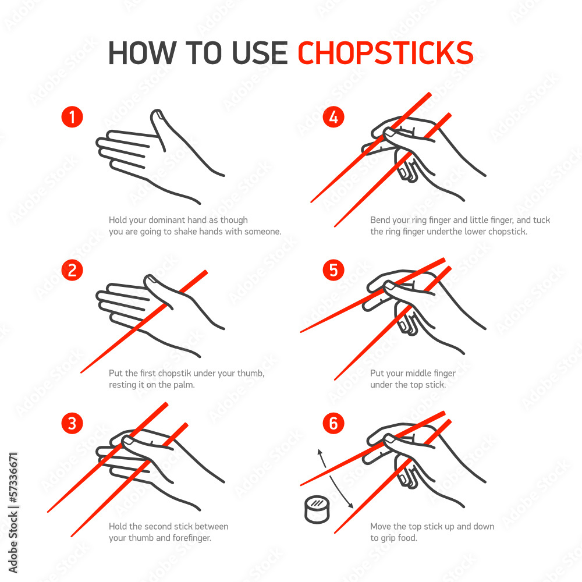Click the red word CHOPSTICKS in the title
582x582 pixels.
(x=385, y=53)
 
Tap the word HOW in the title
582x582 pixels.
(x=143, y=53)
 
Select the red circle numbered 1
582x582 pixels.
(x=72, y=117)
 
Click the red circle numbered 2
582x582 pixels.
(x=72, y=270)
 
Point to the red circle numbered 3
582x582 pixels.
(x=72, y=423)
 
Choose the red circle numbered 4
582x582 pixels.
(x=333, y=117)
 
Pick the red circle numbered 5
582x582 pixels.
(x=333, y=270)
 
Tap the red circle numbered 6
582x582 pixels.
(x=333, y=423)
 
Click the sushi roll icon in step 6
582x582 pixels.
(x=317, y=509)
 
